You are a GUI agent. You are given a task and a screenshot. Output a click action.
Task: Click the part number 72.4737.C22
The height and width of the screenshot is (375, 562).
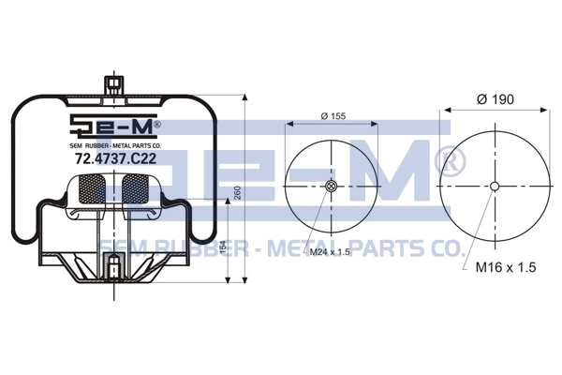115,158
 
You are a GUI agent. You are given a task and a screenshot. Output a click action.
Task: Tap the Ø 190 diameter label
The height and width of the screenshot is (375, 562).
495,99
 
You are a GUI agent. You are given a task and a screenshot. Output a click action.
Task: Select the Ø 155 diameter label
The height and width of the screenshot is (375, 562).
333,116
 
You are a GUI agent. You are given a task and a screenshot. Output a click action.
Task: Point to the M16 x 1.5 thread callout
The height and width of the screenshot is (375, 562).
506,267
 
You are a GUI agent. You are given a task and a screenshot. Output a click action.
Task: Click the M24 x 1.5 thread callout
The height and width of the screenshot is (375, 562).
330,251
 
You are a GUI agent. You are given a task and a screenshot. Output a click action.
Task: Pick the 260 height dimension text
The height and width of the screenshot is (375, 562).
237,193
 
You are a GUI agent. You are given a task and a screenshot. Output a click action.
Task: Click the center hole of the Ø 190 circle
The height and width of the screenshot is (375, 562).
495,187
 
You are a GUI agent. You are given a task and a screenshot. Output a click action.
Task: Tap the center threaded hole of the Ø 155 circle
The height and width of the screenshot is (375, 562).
332,186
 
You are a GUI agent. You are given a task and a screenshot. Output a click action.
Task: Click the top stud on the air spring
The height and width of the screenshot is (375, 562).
114,86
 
